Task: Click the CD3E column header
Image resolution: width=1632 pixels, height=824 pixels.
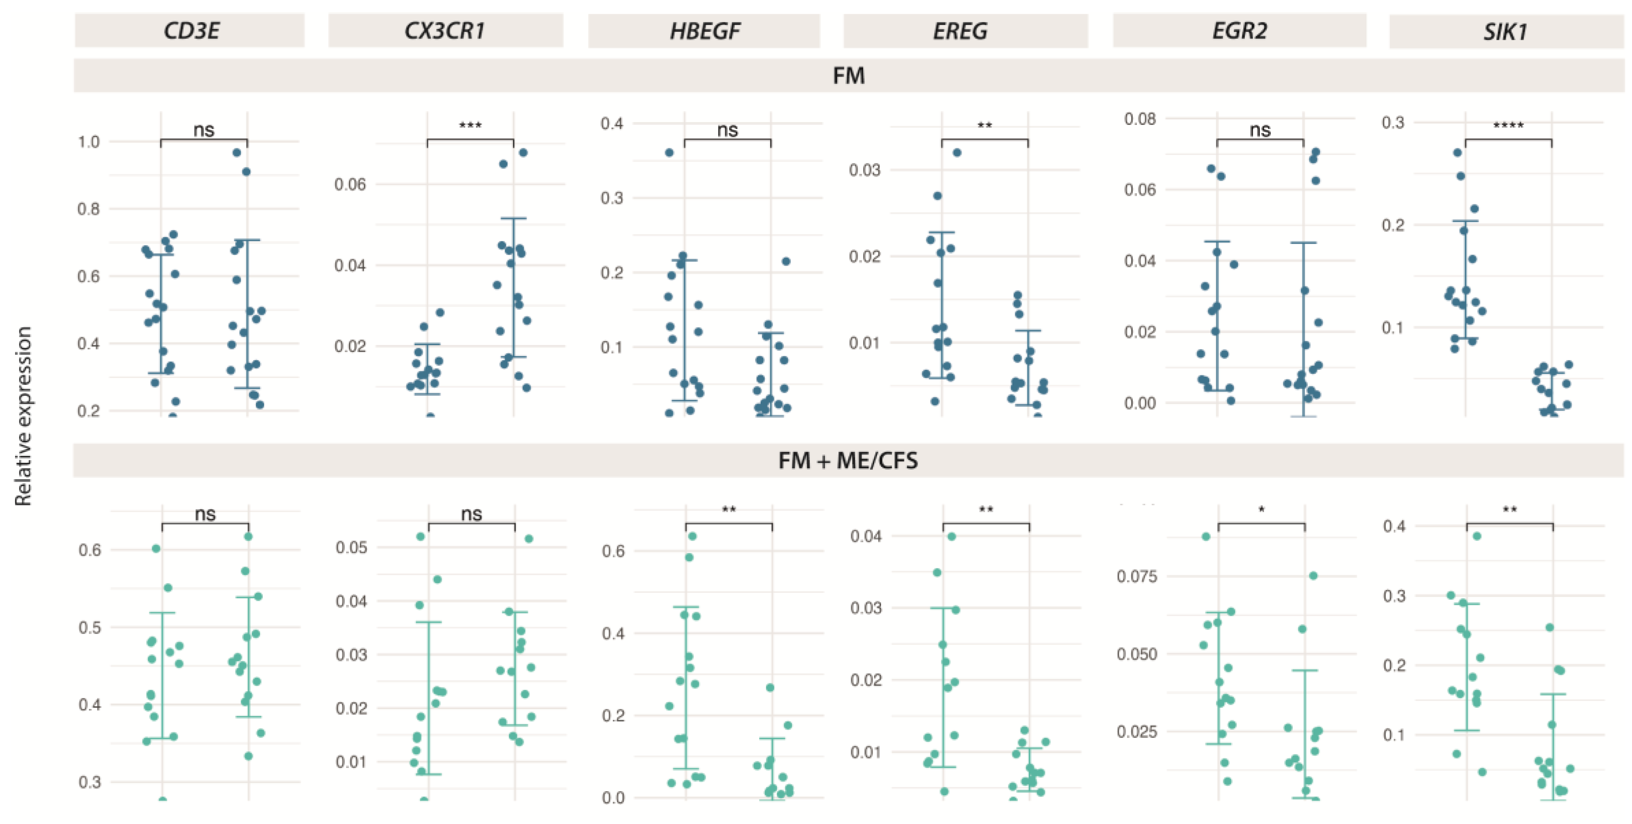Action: coord(191,31)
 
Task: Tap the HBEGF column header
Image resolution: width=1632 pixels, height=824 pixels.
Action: coord(705,31)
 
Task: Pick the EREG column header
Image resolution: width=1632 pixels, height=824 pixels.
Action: coord(960,31)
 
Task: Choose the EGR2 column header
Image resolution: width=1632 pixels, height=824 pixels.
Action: coord(1239,31)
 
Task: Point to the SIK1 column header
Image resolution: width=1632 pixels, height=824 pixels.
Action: coord(1505,31)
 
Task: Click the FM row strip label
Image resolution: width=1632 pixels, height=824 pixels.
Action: coord(848,75)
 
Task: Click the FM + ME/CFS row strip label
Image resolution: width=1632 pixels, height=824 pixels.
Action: coord(848,461)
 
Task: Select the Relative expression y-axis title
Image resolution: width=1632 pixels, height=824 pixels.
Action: coord(23,416)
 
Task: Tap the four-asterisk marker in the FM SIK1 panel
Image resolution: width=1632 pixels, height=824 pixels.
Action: coord(1509,125)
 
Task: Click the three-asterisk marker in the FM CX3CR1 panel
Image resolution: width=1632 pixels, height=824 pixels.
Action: coord(470,125)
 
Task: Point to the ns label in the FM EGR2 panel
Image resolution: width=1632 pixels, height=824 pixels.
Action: coord(1260,130)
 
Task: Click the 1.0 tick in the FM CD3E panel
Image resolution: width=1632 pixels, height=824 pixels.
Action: coord(89,142)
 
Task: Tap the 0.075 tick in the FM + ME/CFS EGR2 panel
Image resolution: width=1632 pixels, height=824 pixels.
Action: coord(1136,576)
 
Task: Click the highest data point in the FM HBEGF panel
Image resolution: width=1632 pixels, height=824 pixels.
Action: coord(669,153)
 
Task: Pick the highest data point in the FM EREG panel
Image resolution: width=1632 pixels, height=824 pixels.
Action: coord(957,153)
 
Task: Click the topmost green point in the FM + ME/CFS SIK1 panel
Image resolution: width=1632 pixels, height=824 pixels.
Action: coord(1477,537)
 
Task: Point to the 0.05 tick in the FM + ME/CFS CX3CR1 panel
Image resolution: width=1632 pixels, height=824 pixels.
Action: coord(352,547)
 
